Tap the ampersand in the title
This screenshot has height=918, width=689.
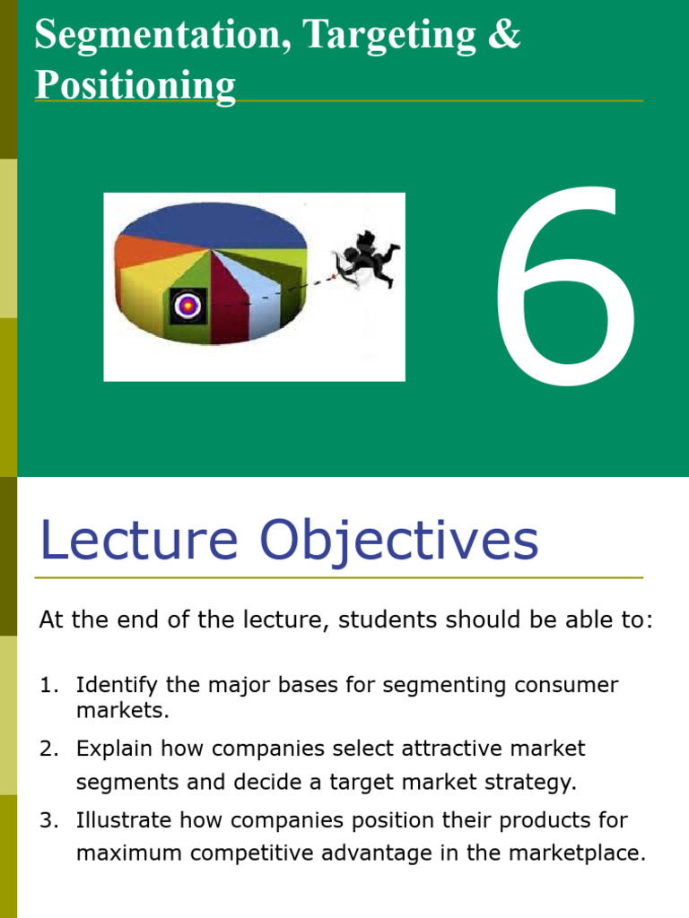coord(504,33)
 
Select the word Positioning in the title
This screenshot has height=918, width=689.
coord(135,85)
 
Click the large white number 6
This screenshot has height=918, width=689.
coord(566,286)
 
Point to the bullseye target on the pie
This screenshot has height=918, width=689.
coord(188,305)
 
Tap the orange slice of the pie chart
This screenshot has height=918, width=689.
coord(146,251)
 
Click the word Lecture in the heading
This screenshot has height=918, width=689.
coord(139,540)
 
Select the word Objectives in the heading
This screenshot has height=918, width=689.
coord(399,542)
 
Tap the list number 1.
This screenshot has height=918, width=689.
coord(48,685)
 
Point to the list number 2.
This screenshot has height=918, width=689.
coord(48,749)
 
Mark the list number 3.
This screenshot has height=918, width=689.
coord(48,820)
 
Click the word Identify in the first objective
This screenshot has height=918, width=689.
coord(117,686)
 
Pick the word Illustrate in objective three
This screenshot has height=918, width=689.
coord(123,819)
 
